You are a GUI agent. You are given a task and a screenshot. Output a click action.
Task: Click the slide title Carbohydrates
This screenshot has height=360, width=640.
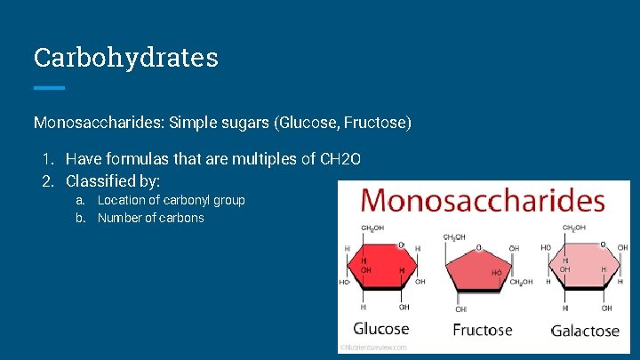[125, 58]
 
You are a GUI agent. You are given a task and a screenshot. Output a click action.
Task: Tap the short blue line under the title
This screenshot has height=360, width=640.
[49, 88]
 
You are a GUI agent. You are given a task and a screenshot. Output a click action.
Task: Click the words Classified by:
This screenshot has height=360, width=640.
[113, 180]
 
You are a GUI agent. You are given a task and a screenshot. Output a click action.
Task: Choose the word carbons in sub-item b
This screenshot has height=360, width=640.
[181, 218]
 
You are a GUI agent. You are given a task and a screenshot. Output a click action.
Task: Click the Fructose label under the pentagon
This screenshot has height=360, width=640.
[483, 330]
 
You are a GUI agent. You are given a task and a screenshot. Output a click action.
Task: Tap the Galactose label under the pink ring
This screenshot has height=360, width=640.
[584, 331]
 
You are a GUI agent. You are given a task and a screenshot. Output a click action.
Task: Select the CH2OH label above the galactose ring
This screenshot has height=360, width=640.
[573, 228]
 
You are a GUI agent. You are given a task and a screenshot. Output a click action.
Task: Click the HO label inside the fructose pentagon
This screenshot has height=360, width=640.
[496, 271]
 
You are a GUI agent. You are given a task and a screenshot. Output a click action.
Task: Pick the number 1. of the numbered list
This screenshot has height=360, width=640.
[48, 159]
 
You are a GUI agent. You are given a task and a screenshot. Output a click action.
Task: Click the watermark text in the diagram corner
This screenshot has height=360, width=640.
[374, 348]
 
